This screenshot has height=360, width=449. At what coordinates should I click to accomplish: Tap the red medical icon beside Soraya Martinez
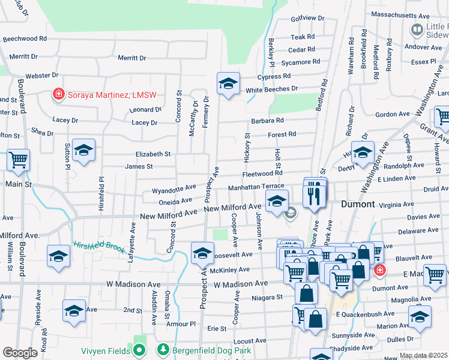tap(59, 94)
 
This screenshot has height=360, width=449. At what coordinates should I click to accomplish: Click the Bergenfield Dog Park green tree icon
tap(161, 349)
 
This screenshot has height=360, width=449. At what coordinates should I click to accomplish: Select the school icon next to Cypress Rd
tap(228, 84)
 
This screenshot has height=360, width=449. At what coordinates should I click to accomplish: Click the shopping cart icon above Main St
tap(19, 160)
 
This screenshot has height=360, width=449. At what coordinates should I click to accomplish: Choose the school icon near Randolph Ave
tap(363, 153)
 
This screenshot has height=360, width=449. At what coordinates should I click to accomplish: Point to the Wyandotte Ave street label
tap(174, 189)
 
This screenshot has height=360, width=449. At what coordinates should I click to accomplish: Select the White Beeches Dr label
tap(271, 89)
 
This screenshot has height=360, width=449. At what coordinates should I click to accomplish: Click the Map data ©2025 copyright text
tap(423, 355)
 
